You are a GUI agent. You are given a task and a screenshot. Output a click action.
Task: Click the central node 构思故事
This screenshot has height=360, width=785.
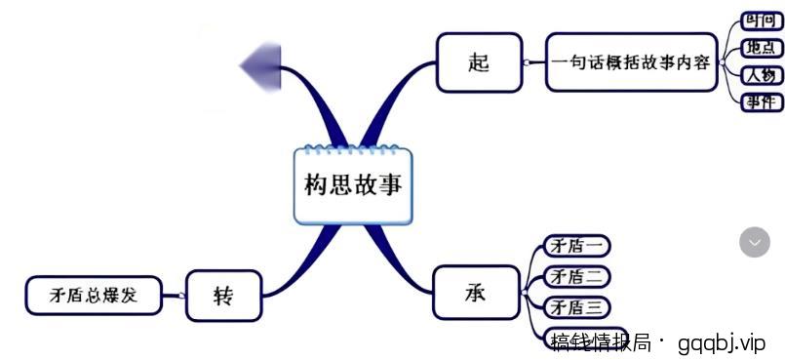[353, 185]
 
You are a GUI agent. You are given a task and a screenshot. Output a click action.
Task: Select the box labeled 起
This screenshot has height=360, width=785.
[478, 62]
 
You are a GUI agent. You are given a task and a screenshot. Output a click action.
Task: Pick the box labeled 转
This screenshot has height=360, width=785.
[223, 295]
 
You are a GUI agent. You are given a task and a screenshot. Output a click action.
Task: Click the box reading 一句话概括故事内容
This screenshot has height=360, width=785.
[631, 62]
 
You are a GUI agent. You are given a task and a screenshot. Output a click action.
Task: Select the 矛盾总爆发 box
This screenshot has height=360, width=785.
[94, 295]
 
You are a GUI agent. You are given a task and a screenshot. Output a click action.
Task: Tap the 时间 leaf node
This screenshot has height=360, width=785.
[761, 20]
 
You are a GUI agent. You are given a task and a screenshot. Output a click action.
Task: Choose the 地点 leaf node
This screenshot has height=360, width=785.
[761, 47]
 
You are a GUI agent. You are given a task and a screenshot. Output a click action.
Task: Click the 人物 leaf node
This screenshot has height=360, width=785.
[761, 74]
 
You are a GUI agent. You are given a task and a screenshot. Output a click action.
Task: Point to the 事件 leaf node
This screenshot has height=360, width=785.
[761, 101]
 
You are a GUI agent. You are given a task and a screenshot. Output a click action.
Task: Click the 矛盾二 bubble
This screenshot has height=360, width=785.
[576, 277]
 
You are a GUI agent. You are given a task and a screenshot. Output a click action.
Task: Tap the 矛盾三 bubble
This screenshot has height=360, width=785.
[576, 308]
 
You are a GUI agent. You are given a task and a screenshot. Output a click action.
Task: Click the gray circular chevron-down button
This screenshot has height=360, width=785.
[754, 241]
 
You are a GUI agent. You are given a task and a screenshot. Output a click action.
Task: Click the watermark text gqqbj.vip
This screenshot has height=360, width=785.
[722, 342]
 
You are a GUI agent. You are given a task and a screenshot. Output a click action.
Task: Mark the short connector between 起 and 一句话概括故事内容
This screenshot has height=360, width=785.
[532, 62]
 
